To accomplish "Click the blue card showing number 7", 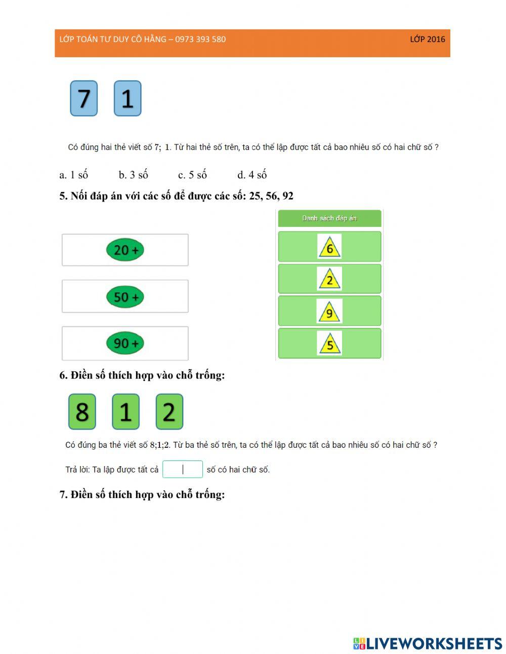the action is coord(84,98).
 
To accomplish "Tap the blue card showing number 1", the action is coord(128,98).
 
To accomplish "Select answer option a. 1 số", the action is coord(73,175).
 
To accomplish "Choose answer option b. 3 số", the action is coord(134,175).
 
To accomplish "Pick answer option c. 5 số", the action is coord(193,175).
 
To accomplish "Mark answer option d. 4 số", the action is coord(252,175).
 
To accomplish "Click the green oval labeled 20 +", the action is coord(125,250).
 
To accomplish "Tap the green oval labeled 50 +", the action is coord(125,297).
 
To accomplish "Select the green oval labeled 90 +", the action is coord(125,343).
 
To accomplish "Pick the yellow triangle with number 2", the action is coord(329,279).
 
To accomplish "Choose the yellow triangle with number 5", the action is coord(329,343).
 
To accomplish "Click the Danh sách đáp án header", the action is coord(329,218).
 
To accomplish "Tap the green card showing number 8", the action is coord(82,411).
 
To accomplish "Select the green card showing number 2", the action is coord(170,411).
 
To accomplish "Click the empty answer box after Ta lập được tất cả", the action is coord(183,469).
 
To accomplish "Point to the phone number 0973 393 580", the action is coord(200,39).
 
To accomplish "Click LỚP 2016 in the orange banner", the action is coord(427,39).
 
